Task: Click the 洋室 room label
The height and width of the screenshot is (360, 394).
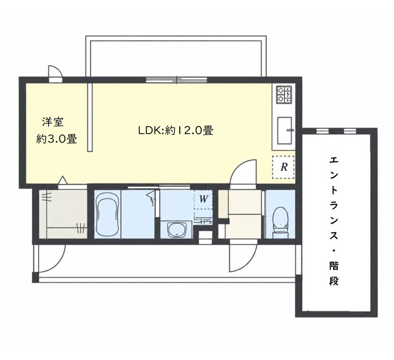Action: [x=53, y=122]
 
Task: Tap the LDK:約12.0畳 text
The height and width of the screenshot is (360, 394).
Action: [x=176, y=130]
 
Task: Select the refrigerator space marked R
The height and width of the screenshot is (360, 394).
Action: [x=284, y=167]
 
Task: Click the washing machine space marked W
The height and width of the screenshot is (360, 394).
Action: [x=203, y=200]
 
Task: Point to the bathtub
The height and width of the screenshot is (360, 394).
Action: [x=107, y=214]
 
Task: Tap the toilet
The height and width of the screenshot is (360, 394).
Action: [x=280, y=220]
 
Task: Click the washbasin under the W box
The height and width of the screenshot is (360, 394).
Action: [x=176, y=229]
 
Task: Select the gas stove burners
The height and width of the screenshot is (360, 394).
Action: [x=284, y=95]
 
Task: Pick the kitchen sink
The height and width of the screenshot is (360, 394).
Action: [x=285, y=130]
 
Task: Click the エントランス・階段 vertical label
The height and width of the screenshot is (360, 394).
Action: [x=334, y=221]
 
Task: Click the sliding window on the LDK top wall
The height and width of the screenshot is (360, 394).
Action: [x=176, y=80]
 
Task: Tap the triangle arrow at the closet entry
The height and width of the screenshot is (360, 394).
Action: [x=63, y=180]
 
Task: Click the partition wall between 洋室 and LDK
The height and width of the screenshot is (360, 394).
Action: [x=90, y=117]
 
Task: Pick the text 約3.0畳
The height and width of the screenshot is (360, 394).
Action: [x=57, y=139]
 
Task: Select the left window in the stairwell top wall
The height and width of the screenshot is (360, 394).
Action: [x=322, y=131]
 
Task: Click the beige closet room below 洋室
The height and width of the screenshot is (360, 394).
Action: [x=63, y=214]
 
